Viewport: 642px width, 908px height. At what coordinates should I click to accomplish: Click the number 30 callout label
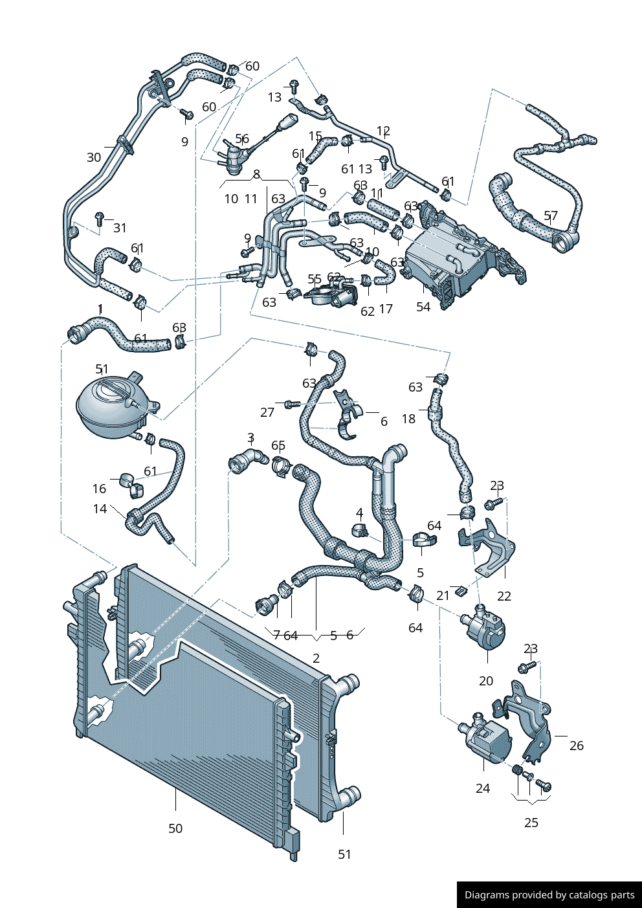coord(94,157)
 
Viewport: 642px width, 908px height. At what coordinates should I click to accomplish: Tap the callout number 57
coord(551,216)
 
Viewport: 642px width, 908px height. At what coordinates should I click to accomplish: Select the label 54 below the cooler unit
coord(423,307)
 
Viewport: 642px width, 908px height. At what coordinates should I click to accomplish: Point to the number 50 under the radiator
coord(175,828)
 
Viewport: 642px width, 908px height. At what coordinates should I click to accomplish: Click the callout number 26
coord(577,746)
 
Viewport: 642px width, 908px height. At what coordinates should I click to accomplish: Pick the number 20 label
coord(486,681)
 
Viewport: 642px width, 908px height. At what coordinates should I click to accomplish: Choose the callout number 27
coord(267,412)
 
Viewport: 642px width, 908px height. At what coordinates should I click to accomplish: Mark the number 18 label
coord(408,419)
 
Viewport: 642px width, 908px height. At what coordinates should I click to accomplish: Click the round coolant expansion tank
coord(110,406)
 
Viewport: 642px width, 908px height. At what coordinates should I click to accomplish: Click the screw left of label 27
coord(291,404)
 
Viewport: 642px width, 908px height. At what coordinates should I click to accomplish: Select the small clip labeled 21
coord(460,590)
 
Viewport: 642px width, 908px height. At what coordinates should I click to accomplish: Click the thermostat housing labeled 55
coord(331,295)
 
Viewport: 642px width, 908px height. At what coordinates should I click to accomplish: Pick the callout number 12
coord(383,131)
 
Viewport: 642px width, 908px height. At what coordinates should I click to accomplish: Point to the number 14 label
coord(100,509)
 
